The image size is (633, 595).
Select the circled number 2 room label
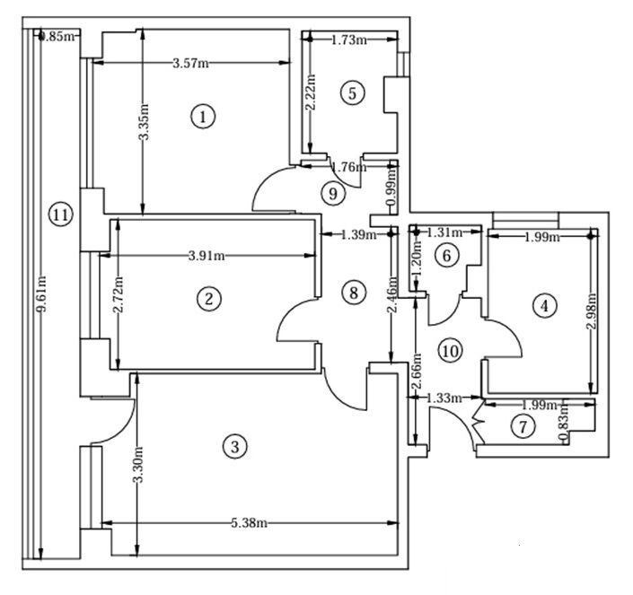208,299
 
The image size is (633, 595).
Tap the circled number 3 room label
234,446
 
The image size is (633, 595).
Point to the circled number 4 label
542,306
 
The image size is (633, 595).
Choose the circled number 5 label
351,92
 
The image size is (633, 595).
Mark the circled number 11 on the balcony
60,214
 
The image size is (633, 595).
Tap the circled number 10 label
450,350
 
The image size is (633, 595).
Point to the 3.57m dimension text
191,63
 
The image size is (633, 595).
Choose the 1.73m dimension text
349,39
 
